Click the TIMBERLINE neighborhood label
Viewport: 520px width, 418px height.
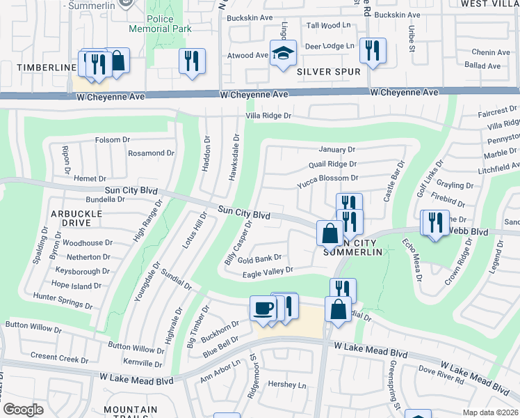(38, 67)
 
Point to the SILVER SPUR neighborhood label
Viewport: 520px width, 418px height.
(329, 72)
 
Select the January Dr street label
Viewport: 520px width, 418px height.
(336, 150)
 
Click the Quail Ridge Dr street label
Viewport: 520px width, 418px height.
(332, 164)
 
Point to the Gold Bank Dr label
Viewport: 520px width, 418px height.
(259, 258)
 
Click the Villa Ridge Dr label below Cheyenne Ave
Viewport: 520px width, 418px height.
(268, 116)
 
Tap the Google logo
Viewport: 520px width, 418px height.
(23, 410)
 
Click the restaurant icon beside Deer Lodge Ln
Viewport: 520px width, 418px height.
(373, 50)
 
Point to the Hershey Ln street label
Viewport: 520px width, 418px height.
(287, 385)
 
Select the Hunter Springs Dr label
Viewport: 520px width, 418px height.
(63, 300)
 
